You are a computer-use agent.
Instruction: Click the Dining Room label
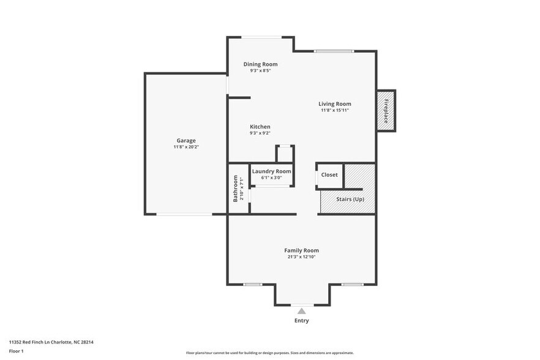(260, 64)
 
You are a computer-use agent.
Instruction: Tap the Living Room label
(334, 104)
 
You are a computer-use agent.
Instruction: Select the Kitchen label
(260, 127)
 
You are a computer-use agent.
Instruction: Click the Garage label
(186, 141)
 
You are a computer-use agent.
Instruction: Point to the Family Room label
(301, 250)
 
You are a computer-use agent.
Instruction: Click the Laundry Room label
(271, 171)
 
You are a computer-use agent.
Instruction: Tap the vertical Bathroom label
(235, 189)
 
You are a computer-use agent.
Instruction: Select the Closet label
(329, 175)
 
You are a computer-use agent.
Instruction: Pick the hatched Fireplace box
(386, 110)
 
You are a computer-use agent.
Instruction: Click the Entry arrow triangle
(301, 311)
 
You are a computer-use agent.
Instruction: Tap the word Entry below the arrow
(301, 321)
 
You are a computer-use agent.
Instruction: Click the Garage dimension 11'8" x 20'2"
(186, 148)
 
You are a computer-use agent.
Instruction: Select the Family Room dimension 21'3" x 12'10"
(301, 257)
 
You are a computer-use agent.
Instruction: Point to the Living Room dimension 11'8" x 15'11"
(334, 111)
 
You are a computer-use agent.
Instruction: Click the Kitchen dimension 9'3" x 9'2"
(260, 133)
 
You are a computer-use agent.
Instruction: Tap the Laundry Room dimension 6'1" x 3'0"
(271, 178)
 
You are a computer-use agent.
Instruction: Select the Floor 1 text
(16, 351)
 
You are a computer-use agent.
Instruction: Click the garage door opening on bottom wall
(184, 214)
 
